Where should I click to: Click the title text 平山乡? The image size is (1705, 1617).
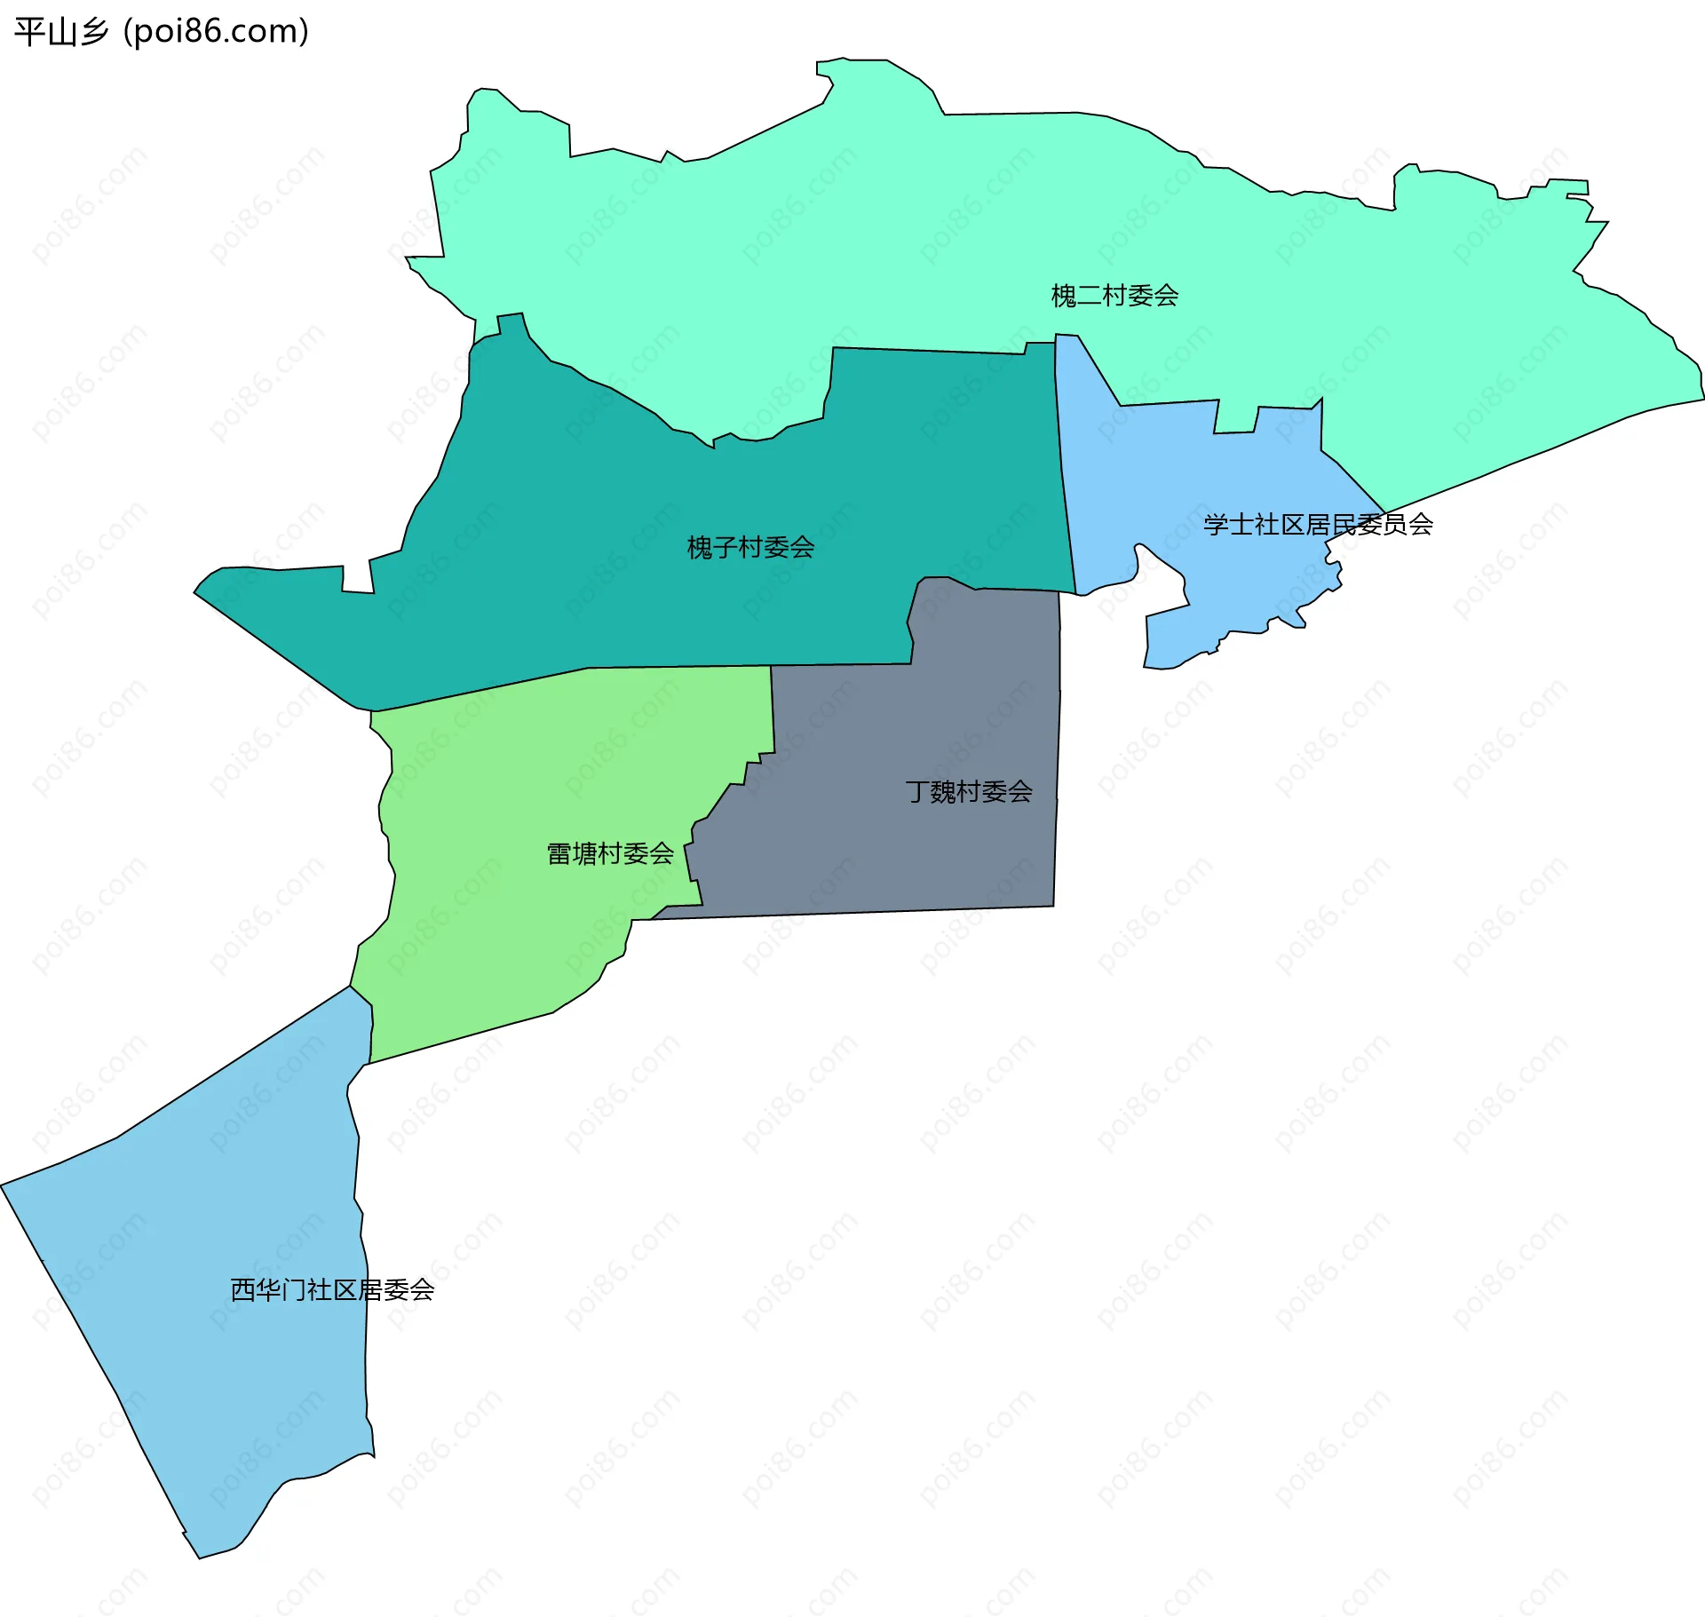coord(60,32)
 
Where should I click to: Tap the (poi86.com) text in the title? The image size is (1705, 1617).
coord(216,32)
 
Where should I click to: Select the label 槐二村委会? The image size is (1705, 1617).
coord(1114,296)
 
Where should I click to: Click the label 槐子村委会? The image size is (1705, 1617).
coord(750,547)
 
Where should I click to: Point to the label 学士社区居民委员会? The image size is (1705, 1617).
coord(1318,525)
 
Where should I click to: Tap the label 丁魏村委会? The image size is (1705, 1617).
coord(969,791)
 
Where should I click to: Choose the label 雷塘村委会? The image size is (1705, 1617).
coord(610,854)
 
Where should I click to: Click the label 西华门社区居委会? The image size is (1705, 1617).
coord(332,1290)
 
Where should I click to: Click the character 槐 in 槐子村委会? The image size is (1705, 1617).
coord(699,547)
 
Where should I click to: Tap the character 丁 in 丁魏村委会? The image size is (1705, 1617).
coord(917,791)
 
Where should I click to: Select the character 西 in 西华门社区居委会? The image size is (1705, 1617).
coord(242,1290)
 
